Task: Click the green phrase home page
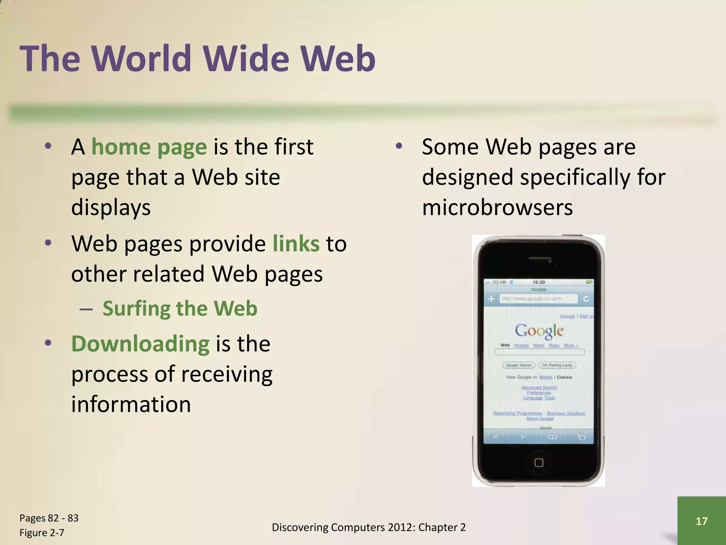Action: [x=149, y=147]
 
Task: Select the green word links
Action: [x=296, y=244]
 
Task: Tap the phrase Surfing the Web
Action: [x=180, y=308]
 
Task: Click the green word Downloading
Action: [x=140, y=344]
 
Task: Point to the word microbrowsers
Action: [x=497, y=208]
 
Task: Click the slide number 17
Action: [x=701, y=521]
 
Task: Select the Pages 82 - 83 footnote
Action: [x=49, y=518]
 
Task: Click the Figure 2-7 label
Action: [x=42, y=533]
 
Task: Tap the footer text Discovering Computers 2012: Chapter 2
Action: [x=369, y=528]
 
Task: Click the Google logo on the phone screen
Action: [x=539, y=330]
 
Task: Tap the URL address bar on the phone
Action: [x=538, y=299]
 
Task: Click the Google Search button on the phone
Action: [x=518, y=365]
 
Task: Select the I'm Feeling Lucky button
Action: [x=557, y=365]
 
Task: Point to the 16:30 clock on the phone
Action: [x=538, y=282]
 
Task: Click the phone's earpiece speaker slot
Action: [x=539, y=259]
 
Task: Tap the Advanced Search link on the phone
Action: [x=539, y=387]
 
